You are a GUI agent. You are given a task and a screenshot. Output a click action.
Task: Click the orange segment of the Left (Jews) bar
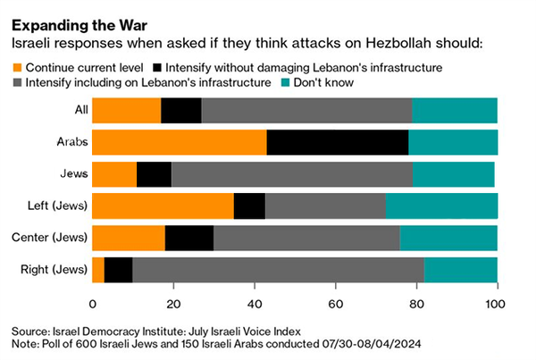[163, 206]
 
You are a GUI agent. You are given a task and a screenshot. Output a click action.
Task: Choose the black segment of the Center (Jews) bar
[189, 238]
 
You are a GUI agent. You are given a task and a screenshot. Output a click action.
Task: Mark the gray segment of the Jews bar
[291, 175]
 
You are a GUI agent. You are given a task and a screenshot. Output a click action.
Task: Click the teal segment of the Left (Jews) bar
[441, 206]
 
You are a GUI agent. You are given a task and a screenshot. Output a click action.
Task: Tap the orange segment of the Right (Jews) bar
[98, 269]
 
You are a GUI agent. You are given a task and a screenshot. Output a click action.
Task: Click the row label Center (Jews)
[49, 238]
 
